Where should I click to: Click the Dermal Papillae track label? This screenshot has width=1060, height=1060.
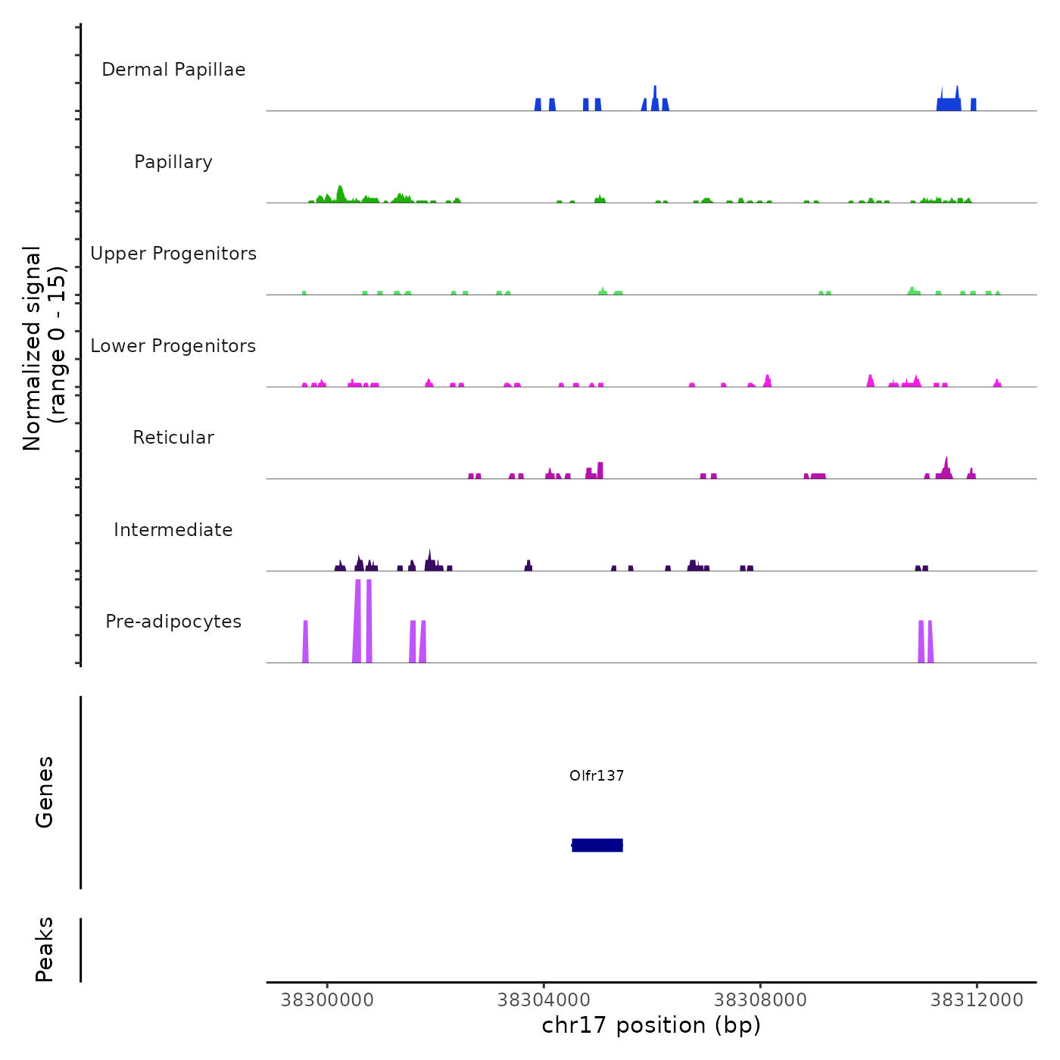coord(173,70)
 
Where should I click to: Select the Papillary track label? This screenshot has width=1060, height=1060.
coord(173,162)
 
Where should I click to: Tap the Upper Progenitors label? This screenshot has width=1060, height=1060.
coord(173,254)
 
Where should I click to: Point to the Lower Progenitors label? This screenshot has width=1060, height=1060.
coord(173,346)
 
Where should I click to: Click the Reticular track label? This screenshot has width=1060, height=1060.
coord(173,438)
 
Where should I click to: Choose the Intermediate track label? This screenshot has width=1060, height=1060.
coord(173,530)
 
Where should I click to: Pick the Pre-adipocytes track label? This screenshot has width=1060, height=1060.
coord(173,622)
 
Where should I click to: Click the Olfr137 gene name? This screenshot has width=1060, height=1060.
coord(597,775)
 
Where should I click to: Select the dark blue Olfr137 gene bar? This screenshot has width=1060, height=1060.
coord(597,845)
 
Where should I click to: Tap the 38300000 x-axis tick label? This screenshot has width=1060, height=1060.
coord(327,1000)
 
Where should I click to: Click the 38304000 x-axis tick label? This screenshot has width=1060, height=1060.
coord(544,1000)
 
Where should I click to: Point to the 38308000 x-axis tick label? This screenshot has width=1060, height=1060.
coord(760,1000)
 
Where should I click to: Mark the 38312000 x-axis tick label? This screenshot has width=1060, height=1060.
coord(977,1000)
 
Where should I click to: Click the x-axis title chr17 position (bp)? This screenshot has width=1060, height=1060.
coord(651,1025)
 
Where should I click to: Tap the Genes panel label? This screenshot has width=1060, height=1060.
coord(45,792)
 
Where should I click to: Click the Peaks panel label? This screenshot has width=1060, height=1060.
coord(45,949)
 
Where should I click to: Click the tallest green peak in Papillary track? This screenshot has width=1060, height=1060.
coord(340,194)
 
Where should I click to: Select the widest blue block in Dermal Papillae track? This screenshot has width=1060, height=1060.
coord(949,104)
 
